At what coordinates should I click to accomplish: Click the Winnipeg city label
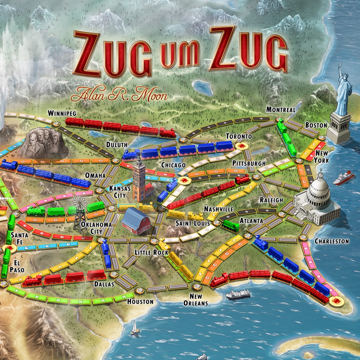(x=62, y=113)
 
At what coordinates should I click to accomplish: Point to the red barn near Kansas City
(x=136, y=220)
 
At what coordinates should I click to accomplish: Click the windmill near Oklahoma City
(x=80, y=213)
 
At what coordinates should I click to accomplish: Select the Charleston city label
(x=332, y=241)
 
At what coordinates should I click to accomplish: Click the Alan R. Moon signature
(x=119, y=94)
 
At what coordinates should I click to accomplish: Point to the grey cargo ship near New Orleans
(x=238, y=294)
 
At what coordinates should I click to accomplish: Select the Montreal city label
(x=281, y=109)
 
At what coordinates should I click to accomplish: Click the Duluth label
(x=116, y=144)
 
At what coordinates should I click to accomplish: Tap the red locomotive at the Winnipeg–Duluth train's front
(x=167, y=132)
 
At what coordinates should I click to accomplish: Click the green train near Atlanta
(x=231, y=225)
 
